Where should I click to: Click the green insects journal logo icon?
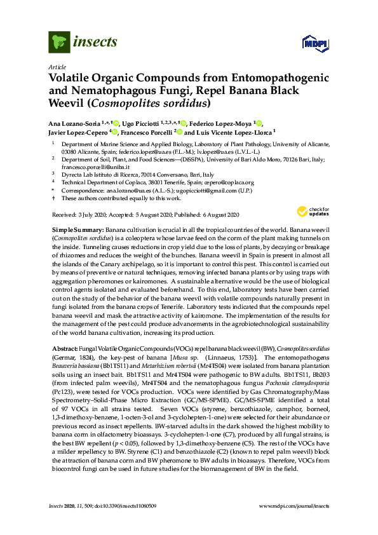tap(58, 43)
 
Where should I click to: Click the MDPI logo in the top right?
tap(312, 43)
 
